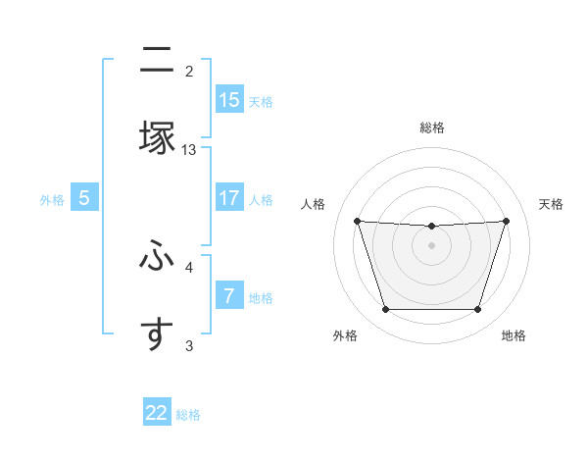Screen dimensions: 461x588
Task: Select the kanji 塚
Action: pyautogui.click(x=156, y=137)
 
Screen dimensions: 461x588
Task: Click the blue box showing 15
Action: pyautogui.click(x=229, y=99)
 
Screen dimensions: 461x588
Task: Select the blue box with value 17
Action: pyautogui.click(x=229, y=197)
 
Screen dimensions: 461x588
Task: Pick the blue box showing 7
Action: pyautogui.click(x=229, y=295)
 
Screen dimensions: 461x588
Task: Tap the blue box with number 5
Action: pyautogui.click(x=84, y=197)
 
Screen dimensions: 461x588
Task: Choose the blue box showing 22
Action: pyautogui.click(x=157, y=413)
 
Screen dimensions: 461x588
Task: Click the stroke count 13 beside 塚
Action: pyautogui.click(x=189, y=149)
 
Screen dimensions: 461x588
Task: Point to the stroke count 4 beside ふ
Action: pyautogui.click(x=189, y=266)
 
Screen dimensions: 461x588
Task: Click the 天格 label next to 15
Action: pyautogui.click(x=261, y=101)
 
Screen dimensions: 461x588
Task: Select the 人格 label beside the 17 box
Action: pyautogui.click(x=261, y=199)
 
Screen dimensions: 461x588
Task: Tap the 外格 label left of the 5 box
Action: pyautogui.click(x=52, y=199)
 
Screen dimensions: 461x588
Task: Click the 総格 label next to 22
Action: pyautogui.click(x=188, y=415)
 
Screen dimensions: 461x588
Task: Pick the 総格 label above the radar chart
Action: pyautogui.click(x=431, y=128)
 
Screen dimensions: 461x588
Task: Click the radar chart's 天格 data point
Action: pyautogui.click(x=506, y=221)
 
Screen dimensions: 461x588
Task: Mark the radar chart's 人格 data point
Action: pyautogui.click(x=357, y=221)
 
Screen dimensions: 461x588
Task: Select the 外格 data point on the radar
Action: pyautogui.click(x=385, y=310)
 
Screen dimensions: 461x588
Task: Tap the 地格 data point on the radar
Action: pyautogui.click(x=477, y=310)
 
